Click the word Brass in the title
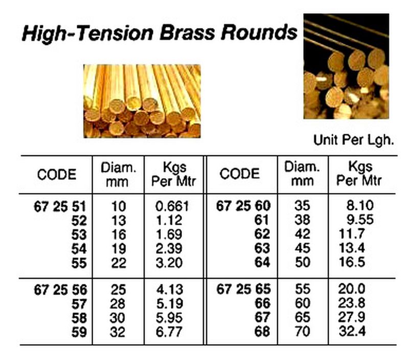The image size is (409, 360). pyautogui.click(x=187, y=33)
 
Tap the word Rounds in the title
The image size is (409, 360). pyautogui.click(x=259, y=33)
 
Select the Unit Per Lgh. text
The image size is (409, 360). pyautogui.click(x=353, y=140)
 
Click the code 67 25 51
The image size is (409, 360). pyautogui.click(x=60, y=207)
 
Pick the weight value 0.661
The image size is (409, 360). pyautogui.click(x=172, y=206)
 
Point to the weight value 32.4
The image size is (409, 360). pyautogui.click(x=352, y=331)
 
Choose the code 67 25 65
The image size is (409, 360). pyautogui.click(x=243, y=289)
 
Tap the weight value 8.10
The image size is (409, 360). pyautogui.click(x=360, y=205)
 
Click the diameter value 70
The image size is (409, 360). pyautogui.click(x=303, y=331)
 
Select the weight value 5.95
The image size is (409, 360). pyautogui.click(x=169, y=318)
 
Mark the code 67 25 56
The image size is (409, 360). pyautogui.click(x=60, y=290)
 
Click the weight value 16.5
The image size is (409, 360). pyautogui.click(x=352, y=262)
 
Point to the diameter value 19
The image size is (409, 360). pyautogui.click(x=119, y=249)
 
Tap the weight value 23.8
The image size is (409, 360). pyautogui.click(x=352, y=303)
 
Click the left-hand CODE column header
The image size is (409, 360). pyautogui.click(x=57, y=175)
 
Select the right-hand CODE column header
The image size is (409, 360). pyautogui.click(x=240, y=174)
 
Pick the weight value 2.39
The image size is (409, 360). pyautogui.click(x=169, y=249)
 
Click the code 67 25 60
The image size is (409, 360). pyautogui.click(x=243, y=206)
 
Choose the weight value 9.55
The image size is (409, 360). pyautogui.click(x=360, y=220)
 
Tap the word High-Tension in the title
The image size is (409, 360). pyautogui.click(x=87, y=34)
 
